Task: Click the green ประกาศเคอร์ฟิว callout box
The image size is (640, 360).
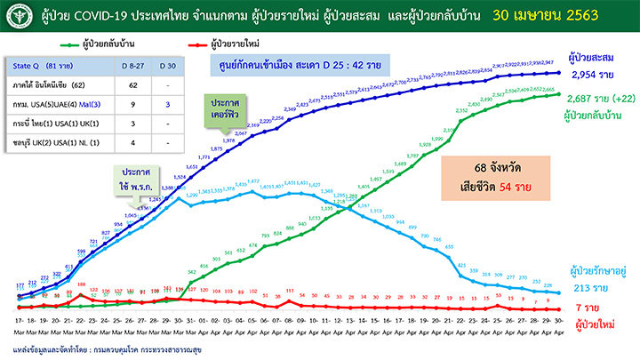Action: tap(222, 110)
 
